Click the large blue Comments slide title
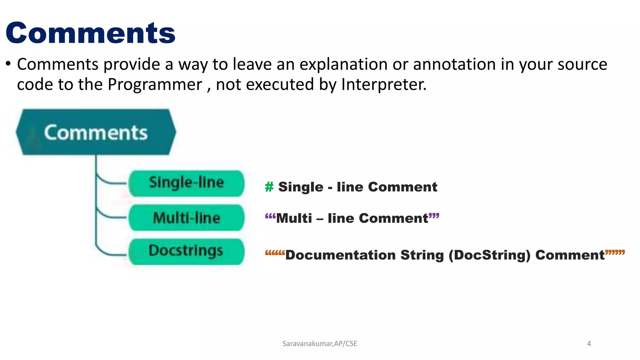click(x=91, y=33)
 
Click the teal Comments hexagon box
click(x=96, y=132)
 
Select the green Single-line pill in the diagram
click(x=187, y=183)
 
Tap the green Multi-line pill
click(x=187, y=218)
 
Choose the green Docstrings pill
click(x=187, y=252)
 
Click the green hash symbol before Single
click(x=269, y=187)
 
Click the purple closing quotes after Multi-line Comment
click(x=434, y=216)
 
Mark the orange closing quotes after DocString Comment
click(x=615, y=252)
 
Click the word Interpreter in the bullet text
click(x=383, y=84)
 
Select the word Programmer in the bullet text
click(x=155, y=85)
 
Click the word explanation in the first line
click(x=343, y=65)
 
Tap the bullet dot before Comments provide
click(x=8, y=64)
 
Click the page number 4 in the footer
click(x=589, y=344)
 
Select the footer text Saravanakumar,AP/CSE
click(x=320, y=344)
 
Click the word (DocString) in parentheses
click(x=490, y=255)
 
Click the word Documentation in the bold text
click(x=340, y=255)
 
